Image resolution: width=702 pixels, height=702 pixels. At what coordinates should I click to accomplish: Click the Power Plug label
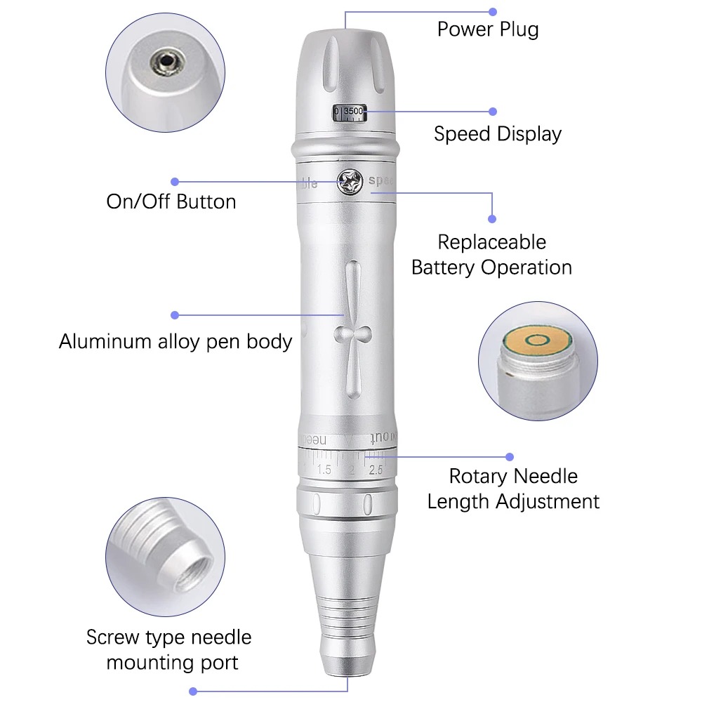[488, 29]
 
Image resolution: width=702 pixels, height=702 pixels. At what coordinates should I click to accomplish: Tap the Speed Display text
[497, 134]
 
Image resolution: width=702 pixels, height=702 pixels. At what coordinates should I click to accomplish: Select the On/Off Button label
[171, 202]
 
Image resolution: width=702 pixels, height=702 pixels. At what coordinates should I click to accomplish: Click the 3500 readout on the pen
[353, 112]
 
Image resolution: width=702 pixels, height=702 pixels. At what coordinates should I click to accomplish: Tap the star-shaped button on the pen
[349, 182]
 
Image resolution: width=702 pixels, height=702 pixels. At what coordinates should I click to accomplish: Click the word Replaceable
[491, 242]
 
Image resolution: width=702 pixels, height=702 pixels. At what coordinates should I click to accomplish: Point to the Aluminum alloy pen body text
[175, 342]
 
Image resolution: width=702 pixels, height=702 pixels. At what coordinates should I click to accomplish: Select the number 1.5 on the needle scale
[324, 470]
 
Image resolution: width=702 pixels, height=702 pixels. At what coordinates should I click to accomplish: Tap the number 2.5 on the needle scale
[376, 470]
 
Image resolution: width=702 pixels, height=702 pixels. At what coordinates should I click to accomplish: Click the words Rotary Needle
[513, 476]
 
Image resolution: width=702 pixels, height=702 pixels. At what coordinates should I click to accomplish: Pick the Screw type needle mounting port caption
[169, 649]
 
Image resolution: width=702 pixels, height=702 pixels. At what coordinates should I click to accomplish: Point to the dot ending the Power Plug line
[493, 12]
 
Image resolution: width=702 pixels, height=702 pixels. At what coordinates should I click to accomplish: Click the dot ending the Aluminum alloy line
[175, 315]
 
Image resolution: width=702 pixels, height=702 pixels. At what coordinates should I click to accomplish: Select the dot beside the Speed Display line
[493, 111]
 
